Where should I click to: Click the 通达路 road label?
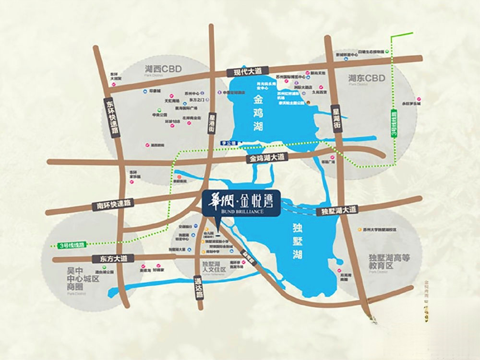tap(198, 287)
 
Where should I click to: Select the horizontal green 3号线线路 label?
tap(71, 245)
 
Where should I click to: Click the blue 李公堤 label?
tap(230, 143)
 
